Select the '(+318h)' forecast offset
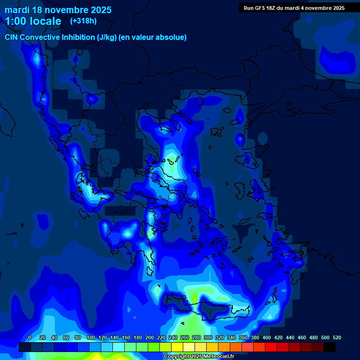pyautogui.click(x=83, y=21)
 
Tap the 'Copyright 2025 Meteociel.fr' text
pyautogui.click(x=199, y=357)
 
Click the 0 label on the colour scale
pyautogui.click(x=30, y=337)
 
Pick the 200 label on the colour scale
pyautogui.click(x=149, y=337)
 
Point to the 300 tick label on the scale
pyautogui.click(x=208, y=337)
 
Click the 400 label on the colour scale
pyautogui.click(x=266, y=337)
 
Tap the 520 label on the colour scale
pyautogui.click(x=337, y=337)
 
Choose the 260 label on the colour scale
pyautogui.click(x=184, y=337)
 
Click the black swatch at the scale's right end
pyautogui.click(x=330, y=347)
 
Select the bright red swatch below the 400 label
pyautogui.click(x=270, y=347)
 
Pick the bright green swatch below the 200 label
pyautogui.click(x=153, y=347)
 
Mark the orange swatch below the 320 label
pyautogui.click(x=224, y=347)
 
